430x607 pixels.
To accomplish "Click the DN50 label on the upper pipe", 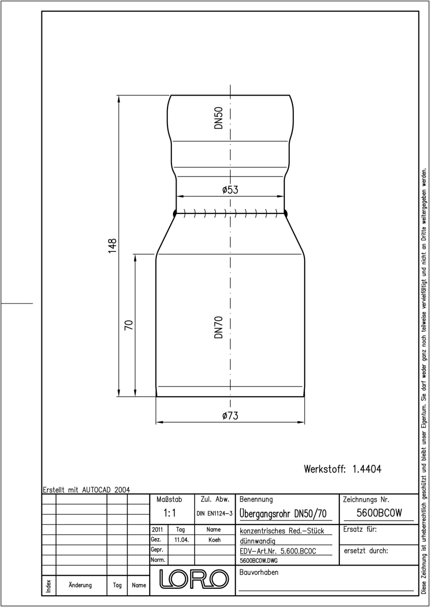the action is point(219,118).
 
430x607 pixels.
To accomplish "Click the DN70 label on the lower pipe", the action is point(219,327).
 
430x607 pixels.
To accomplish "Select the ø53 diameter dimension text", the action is point(230,190).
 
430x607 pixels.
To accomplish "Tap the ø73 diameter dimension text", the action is point(230,415).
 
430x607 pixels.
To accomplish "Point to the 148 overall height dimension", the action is point(112,246).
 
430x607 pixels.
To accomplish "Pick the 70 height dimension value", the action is point(128,325).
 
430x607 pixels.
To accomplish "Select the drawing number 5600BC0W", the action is point(379,513).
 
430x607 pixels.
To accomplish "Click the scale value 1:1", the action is point(169,513).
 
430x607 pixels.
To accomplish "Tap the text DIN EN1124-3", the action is point(214,513).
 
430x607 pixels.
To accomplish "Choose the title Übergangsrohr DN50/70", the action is point(283,514).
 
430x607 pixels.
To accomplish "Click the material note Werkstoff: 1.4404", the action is point(342,469).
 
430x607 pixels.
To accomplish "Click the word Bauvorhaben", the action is point(259,572).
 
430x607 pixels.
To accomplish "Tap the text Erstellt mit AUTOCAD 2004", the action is point(87,490).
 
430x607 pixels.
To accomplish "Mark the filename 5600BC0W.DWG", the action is point(259,560).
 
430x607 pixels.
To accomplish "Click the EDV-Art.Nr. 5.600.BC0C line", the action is point(278,551).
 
